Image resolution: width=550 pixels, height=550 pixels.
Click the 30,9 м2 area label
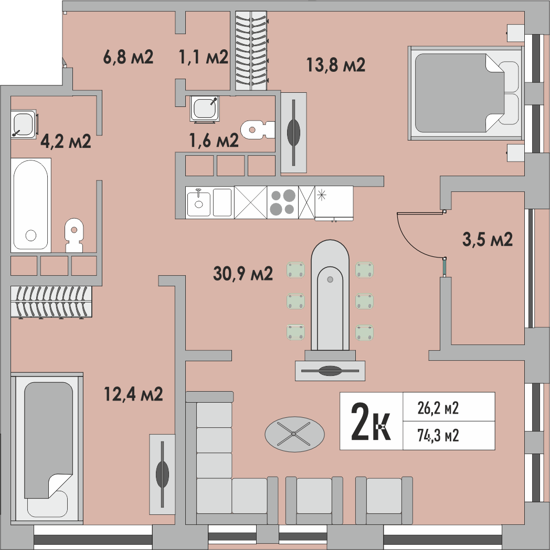click(243, 274)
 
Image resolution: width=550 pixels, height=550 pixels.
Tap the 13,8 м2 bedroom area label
click(336, 65)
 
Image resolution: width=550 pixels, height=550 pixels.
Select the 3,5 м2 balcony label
click(488, 239)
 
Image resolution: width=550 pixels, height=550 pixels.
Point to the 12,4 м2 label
click(133, 394)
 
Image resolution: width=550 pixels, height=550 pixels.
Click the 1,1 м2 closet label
click(204, 57)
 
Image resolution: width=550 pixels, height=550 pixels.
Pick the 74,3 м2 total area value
click(438, 436)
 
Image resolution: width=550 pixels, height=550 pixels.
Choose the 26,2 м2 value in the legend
click(438, 408)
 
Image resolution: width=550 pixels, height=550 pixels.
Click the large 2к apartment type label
click(371, 421)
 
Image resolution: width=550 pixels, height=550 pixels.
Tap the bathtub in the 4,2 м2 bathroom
click(31, 205)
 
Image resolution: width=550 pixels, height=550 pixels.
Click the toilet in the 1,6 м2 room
click(258, 130)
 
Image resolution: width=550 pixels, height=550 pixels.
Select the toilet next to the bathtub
click(74, 235)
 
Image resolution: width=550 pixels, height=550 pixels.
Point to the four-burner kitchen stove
click(282, 202)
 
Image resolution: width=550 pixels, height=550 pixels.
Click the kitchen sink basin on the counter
click(199, 203)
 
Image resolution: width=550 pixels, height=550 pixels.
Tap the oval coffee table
click(294, 434)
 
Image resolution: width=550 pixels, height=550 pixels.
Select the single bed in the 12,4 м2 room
click(47, 449)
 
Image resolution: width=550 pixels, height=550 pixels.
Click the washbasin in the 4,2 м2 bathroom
click(24, 124)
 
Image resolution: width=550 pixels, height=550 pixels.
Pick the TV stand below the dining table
click(330, 371)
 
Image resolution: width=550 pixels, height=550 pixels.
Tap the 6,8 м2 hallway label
click(128, 57)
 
